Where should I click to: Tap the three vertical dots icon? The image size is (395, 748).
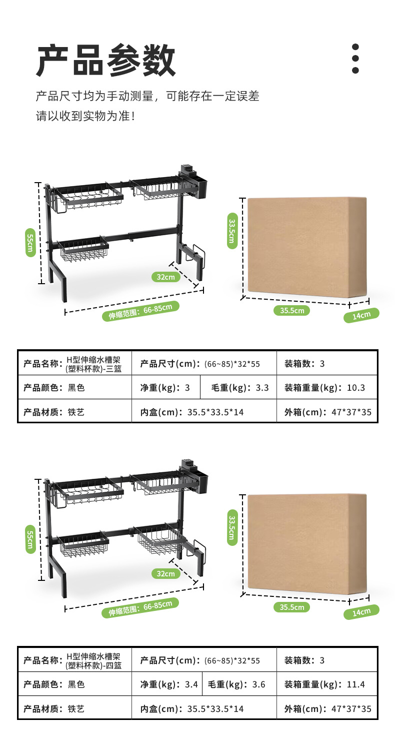click(x=355, y=59)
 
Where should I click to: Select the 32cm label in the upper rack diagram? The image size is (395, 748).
click(x=165, y=277)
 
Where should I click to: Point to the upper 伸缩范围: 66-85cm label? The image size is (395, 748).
click(x=143, y=311)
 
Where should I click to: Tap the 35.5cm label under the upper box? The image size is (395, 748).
click(x=291, y=310)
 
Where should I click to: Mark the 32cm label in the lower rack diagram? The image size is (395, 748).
click(x=165, y=573)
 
